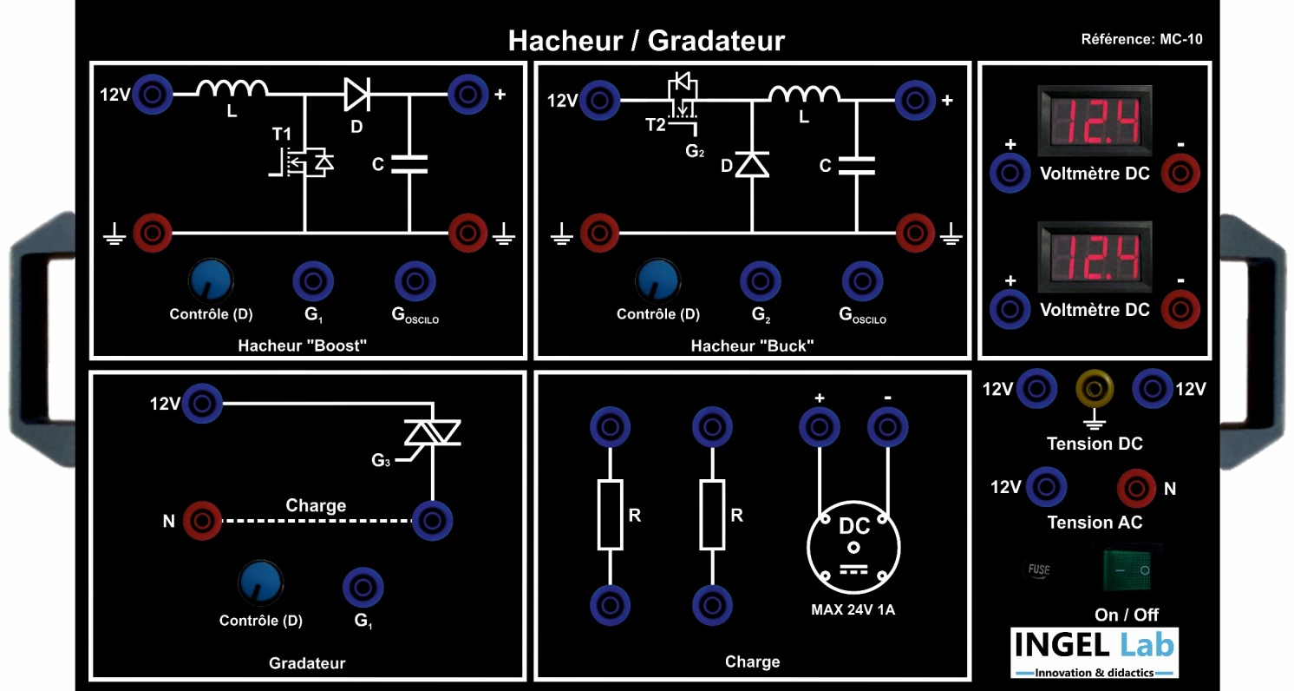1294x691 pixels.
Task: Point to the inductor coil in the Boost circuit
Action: [x=232, y=89]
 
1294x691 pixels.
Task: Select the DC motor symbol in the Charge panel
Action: [x=853, y=547]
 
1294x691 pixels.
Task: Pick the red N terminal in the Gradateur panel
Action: [x=202, y=521]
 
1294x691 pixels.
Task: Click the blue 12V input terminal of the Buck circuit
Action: [x=598, y=101]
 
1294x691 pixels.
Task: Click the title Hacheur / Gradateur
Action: [x=646, y=40]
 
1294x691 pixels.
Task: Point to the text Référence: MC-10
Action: [x=1142, y=39]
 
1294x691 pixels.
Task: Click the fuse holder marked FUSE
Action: [x=1038, y=569]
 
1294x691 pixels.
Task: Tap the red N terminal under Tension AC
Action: [x=1134, y=489]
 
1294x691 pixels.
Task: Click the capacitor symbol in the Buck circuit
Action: [x=855, y=164]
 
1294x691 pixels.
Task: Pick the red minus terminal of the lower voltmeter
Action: [x=1181, y=307]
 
